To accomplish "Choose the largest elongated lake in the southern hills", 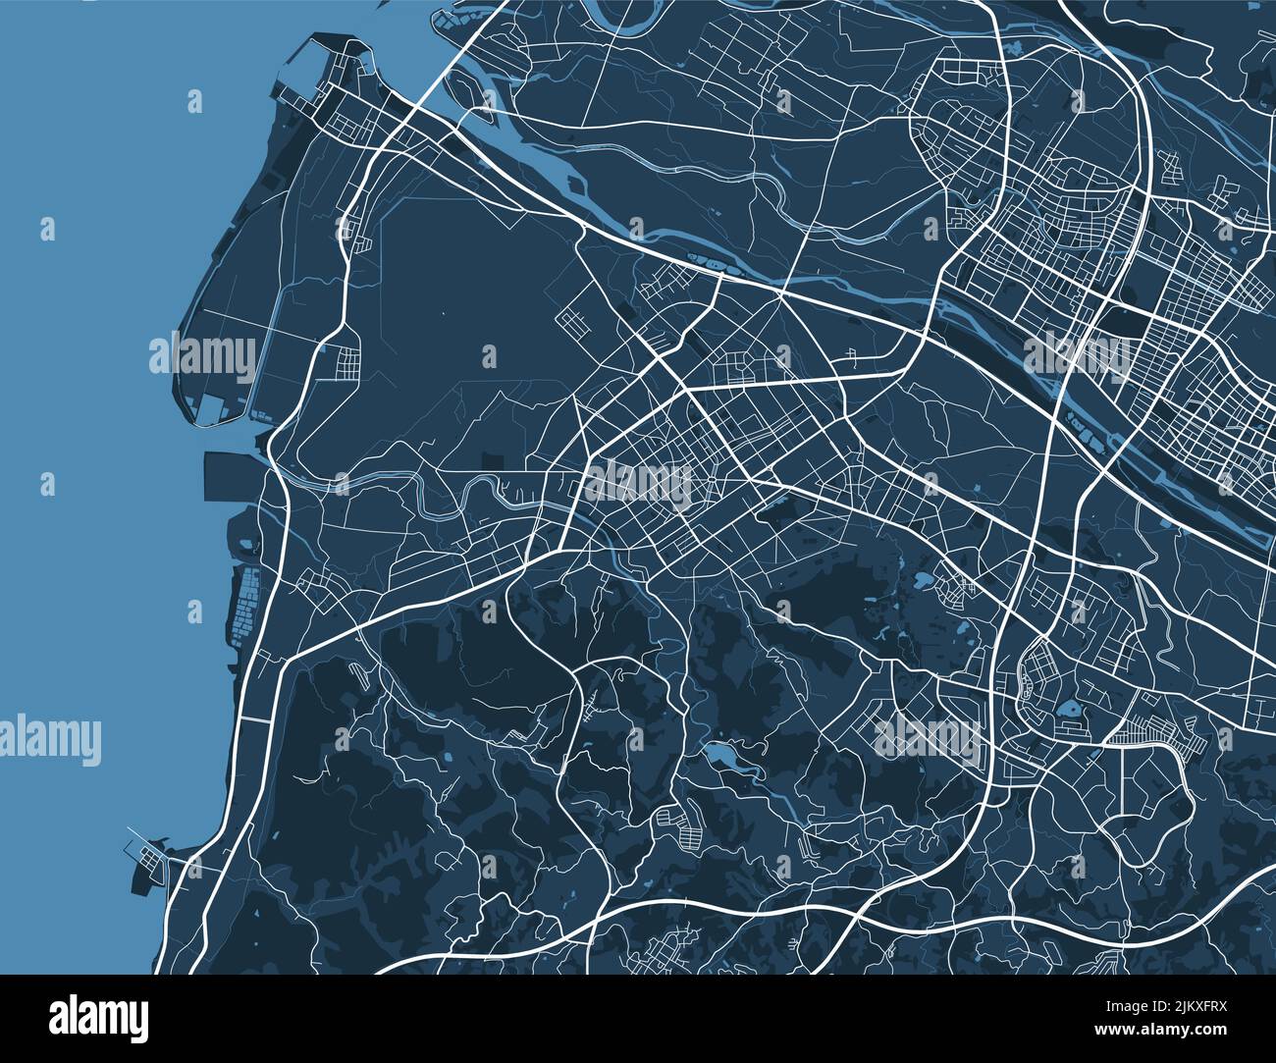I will tap(724, 757).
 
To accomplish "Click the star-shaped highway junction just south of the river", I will tap(780, 292).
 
